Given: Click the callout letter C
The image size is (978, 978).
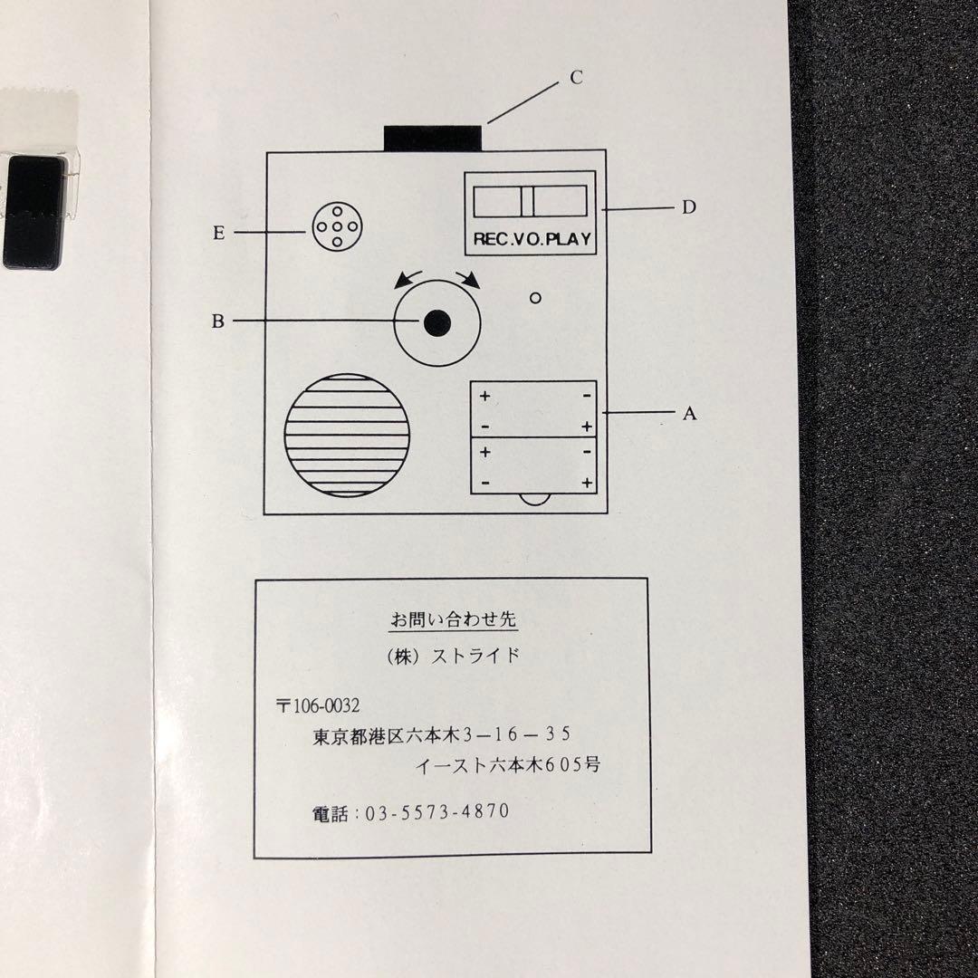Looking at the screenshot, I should click(576, 78).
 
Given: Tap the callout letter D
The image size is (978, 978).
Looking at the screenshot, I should click(689, 207).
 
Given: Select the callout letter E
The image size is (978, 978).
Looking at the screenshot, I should click(218, 233).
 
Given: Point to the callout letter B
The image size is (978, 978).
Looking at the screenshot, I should click(217, 321).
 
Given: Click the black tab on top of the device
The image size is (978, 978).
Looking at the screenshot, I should click(432, 138).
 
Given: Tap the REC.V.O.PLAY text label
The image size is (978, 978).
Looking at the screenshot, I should click(531, 240).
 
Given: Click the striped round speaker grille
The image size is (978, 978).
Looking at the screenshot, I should click(347, 433).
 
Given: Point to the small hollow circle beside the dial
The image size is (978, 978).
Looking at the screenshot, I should click(535, 298).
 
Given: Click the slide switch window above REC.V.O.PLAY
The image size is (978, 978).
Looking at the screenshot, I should click(530, 200).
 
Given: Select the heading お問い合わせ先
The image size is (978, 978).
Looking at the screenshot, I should click(453, 620).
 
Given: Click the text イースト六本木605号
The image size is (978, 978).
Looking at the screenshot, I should click(507, 764).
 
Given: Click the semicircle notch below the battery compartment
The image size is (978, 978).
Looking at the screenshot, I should click(535, 499).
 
